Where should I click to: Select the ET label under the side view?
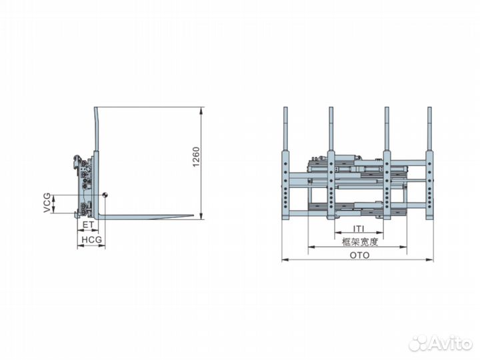[x=88, y=227]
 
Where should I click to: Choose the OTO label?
[x=358, y=254]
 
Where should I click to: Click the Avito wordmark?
[x=448, y=343]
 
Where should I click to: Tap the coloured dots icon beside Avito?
[x=418, y=343]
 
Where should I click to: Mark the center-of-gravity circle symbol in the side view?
[x=105, y=195]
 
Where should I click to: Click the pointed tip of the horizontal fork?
[x=193, y=215]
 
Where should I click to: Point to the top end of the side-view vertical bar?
[x=97, y=108]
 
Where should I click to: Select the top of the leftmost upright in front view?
[x=286, y=109]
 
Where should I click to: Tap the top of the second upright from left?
[x=330, y=109]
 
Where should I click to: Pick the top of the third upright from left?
[x=386, y=109]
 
